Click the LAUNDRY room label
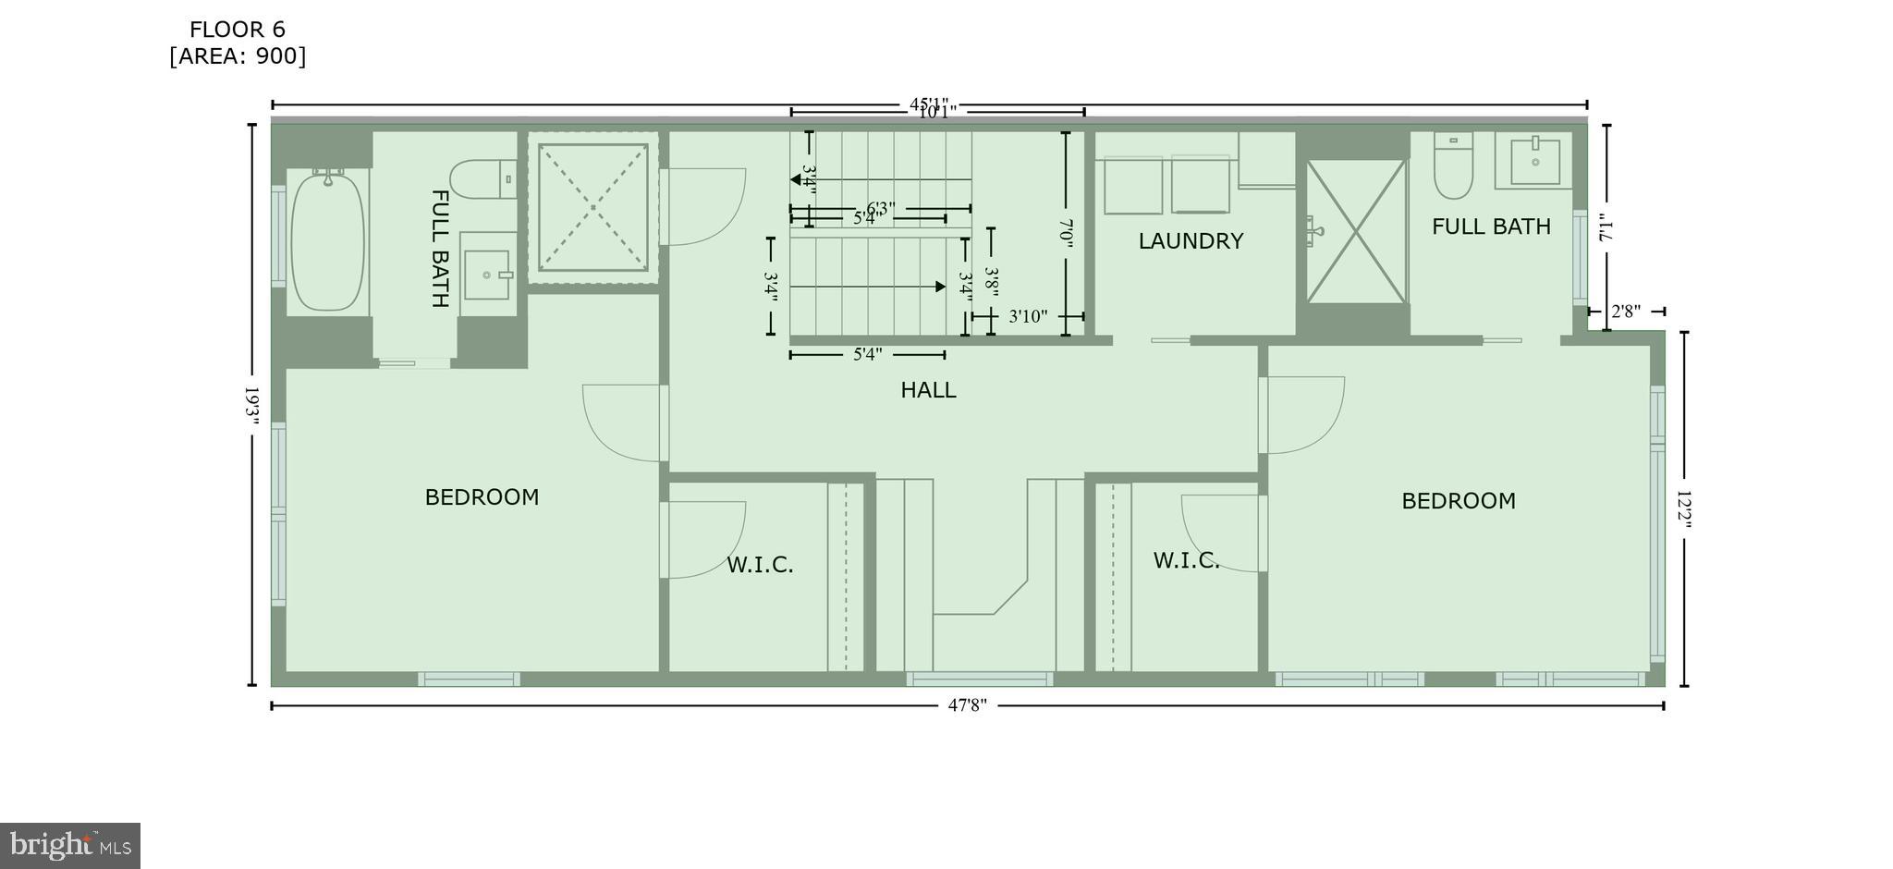[x=1191, y=241]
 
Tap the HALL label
[x=928, y=390]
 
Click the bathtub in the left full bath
[x=327, y=242]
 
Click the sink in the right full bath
[x=1534, y=162]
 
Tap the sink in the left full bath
[x=486, y=275]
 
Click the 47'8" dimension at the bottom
[x=967, y=705]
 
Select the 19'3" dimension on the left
[x=250, y=405]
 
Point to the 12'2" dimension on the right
[x=1683, y=510]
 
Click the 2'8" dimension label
[x=1626, y=312]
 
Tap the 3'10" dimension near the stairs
[x=1027, y=316]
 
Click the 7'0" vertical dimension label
[x=1065, y=233]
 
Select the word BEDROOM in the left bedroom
[x=482, y=497]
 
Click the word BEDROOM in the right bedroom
[x=1459, y=501]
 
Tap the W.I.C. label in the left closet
[x=760, y=565]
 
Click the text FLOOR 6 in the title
[x=238, y=30]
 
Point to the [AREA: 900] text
[x=238, y=56]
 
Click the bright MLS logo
[x=70, y=845]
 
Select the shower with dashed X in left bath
[x=592, y=208]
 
